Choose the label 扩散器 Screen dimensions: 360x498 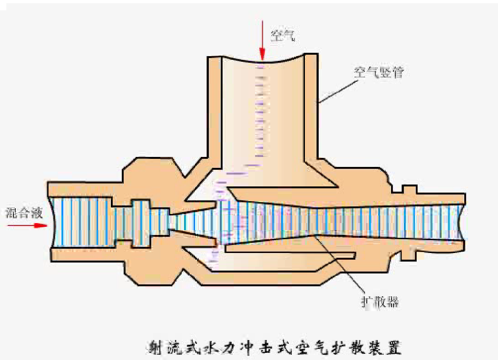click(x=379, y=302)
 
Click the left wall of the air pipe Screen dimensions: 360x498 click(x=214, y=109)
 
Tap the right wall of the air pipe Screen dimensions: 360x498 click(x=311, y=109)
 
